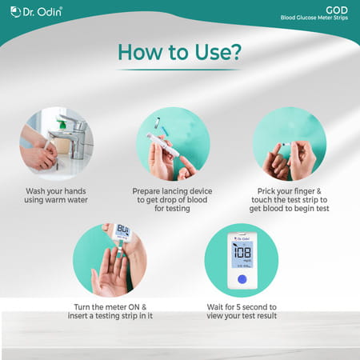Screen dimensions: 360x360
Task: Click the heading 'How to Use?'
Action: pyautogui.click(x=180, y=51)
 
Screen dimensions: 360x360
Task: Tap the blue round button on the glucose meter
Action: pyautogui.click(x=241, y=279)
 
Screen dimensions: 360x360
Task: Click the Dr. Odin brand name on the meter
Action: pyautogui.click(x=241, y=237)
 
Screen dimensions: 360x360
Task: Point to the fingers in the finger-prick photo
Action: pyautogui.click(x=282, y=160)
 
